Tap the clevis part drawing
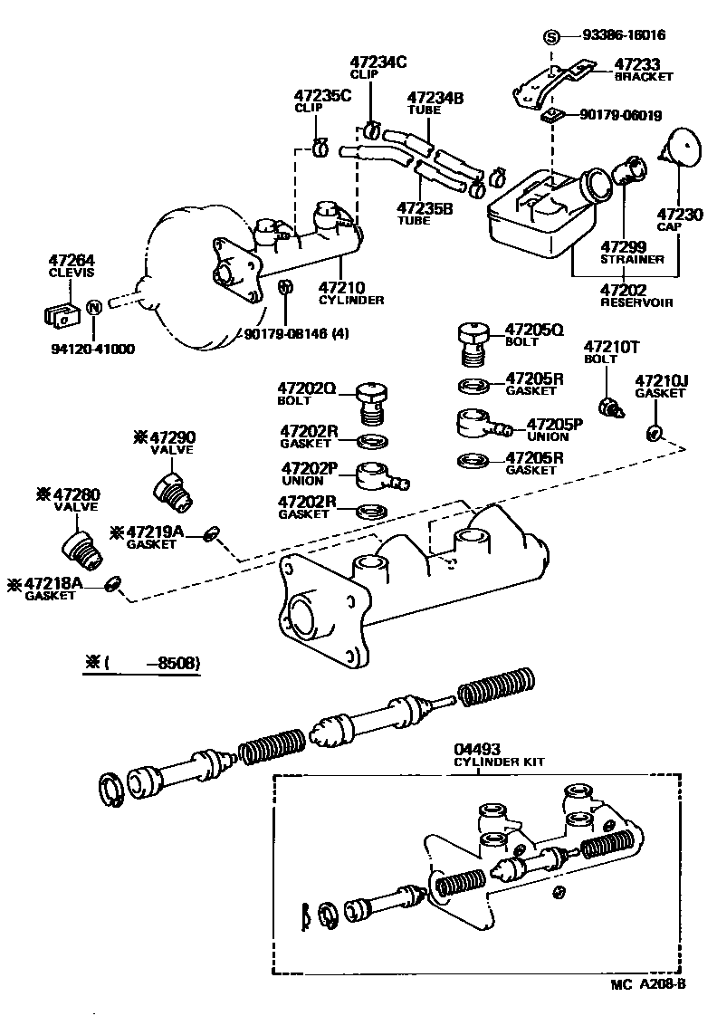[x=59, y=313]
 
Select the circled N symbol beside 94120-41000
[x=92, y=310]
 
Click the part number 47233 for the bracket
[x=637, y=64]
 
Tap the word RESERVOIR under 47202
[x=636, y=302]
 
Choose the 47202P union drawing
[x=377, y=474]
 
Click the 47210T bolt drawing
[x=612, y=407]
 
